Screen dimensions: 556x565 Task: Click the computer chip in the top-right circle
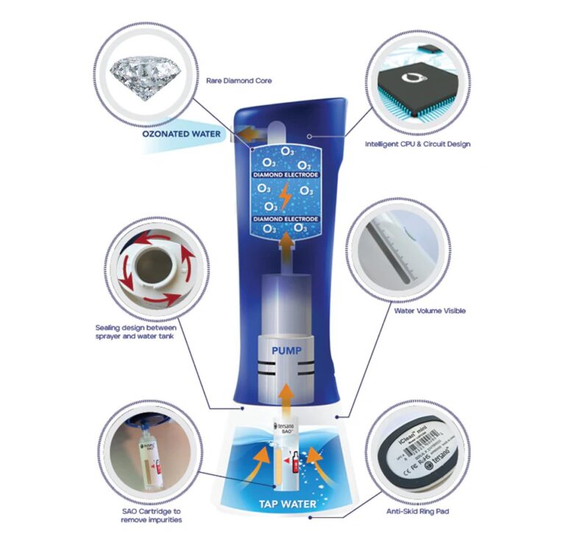[416, 84]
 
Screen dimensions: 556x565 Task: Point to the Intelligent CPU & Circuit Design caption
[417, 144]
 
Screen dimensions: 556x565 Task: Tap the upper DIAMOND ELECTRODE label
[284, 177]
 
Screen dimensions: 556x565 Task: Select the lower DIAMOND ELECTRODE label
[284, 219]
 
